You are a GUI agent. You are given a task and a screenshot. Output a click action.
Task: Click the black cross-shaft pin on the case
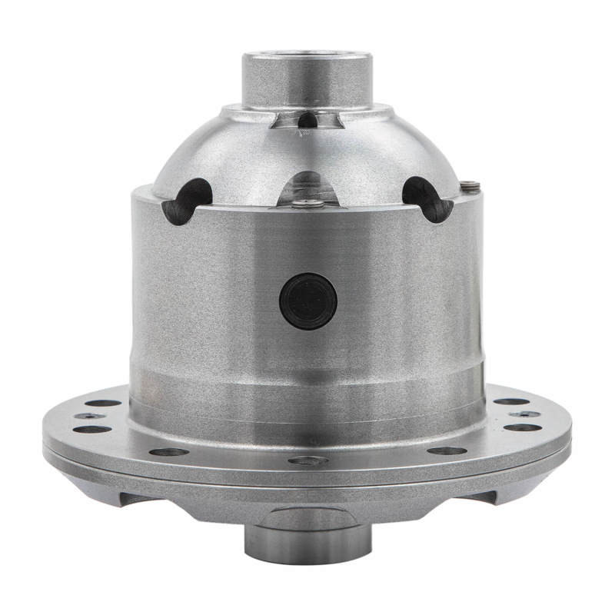(308, 301)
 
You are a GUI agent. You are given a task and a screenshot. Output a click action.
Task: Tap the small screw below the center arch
(308, 204)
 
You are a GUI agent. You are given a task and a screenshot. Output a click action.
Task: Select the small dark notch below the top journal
(307, 120)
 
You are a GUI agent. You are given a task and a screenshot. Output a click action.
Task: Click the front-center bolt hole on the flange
(307, 460)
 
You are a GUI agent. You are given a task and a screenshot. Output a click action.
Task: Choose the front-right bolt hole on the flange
(447, 450)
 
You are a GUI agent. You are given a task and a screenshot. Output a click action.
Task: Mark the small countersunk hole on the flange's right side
(525, 414)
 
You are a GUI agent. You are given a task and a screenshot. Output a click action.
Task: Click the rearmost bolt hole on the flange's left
(103, 402)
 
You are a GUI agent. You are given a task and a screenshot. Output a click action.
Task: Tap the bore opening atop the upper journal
(307, 56)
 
